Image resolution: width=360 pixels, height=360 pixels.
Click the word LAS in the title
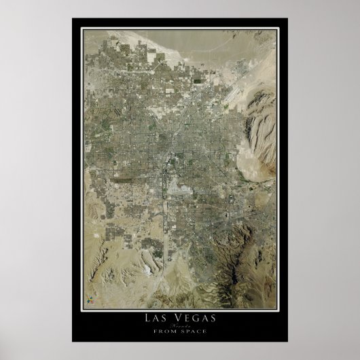coord(158,318)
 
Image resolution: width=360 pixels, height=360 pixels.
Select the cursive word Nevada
coord(180,326)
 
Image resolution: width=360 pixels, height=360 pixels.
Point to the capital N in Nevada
coord(172,326)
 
